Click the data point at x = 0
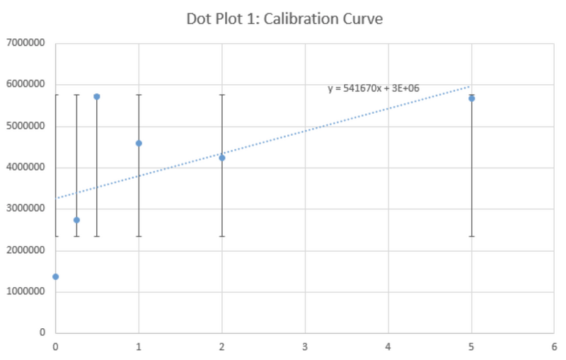click(55, 277)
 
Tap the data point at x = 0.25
click(76, 220)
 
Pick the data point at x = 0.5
click(97, 96)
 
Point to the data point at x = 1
click(139, 143)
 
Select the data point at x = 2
click(222, 158)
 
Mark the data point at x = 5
click(472, 98)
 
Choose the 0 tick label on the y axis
click(42, 332)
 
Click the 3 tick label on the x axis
click(306, 347)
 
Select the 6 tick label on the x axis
click(555, 347)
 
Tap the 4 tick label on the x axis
click(388, 347)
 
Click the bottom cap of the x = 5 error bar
click(472, 236)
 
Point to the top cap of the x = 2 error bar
click(222, 94)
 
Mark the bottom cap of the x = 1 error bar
click(139, 236)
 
